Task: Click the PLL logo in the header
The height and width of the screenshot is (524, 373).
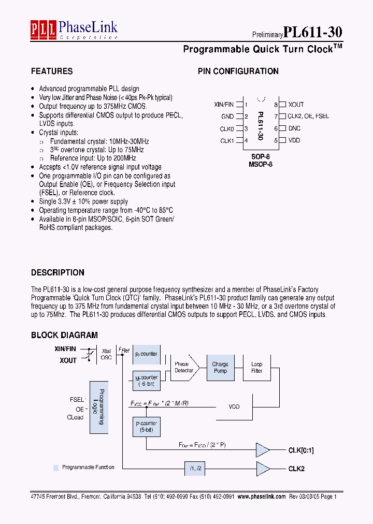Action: click(44, 30)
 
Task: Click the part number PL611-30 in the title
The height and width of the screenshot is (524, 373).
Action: click(312, 32)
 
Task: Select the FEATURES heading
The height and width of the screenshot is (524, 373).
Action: click(52, 71)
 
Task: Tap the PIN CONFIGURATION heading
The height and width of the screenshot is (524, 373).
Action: click(238, 71)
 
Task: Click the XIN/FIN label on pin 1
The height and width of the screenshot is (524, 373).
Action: click(224, 105)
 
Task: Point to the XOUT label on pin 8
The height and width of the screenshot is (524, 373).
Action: click(296, 105)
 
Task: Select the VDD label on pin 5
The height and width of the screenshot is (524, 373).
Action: click(294, 140)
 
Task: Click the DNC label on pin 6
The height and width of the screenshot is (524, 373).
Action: click(294, 128)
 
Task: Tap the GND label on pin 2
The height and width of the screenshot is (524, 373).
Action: click(227, 117)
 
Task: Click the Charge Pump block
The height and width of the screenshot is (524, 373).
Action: click(220, 368)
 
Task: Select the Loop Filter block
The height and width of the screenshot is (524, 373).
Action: click(256, 368)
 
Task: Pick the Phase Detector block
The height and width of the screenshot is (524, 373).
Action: click(184, 368)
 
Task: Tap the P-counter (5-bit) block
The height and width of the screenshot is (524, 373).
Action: click(147, 427)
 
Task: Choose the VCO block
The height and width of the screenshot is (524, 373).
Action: click(234, 406)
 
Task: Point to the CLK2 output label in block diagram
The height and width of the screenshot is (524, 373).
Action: click(297, 469)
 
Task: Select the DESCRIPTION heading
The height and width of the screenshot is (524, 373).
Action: click(58, 273)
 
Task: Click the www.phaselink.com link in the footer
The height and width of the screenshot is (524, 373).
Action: click(262, 496)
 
